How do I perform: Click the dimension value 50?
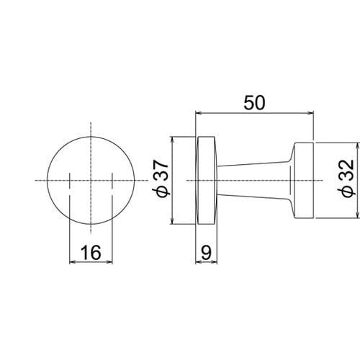[x=254, y=103]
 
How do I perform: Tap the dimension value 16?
[x=91, y=253]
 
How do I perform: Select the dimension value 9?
[x=206, y=253]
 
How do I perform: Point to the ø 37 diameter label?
[x=161, y=178]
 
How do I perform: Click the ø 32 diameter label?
[x=346, y=178]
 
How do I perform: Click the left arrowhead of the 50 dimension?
[x=199, y=112]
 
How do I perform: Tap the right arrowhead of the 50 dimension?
[x=310, y=112]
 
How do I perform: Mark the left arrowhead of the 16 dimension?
[x=73, y=262]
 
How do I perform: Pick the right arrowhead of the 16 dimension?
[x=109, y=262]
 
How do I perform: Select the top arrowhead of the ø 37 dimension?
[x=172, y=140]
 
